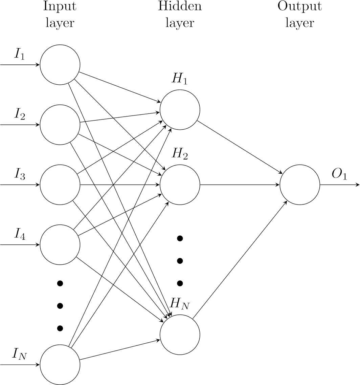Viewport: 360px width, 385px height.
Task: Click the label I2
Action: (x=20, y=114)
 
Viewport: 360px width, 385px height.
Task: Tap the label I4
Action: (x=20, y=234)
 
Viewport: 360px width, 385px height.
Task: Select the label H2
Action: (x=180, y=154)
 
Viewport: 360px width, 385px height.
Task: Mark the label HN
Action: (x=180, y=304)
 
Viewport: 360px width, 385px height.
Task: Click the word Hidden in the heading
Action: (x=180, y=6)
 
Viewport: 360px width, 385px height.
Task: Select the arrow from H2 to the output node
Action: (x=240, y=185)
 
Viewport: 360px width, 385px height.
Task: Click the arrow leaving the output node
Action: (x=340, y=185)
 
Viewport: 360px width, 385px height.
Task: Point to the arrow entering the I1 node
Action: (x=20, y=65)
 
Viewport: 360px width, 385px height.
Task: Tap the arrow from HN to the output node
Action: (x=240, y=259)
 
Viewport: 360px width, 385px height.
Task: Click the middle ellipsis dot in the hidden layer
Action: (x=180, y=261)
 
